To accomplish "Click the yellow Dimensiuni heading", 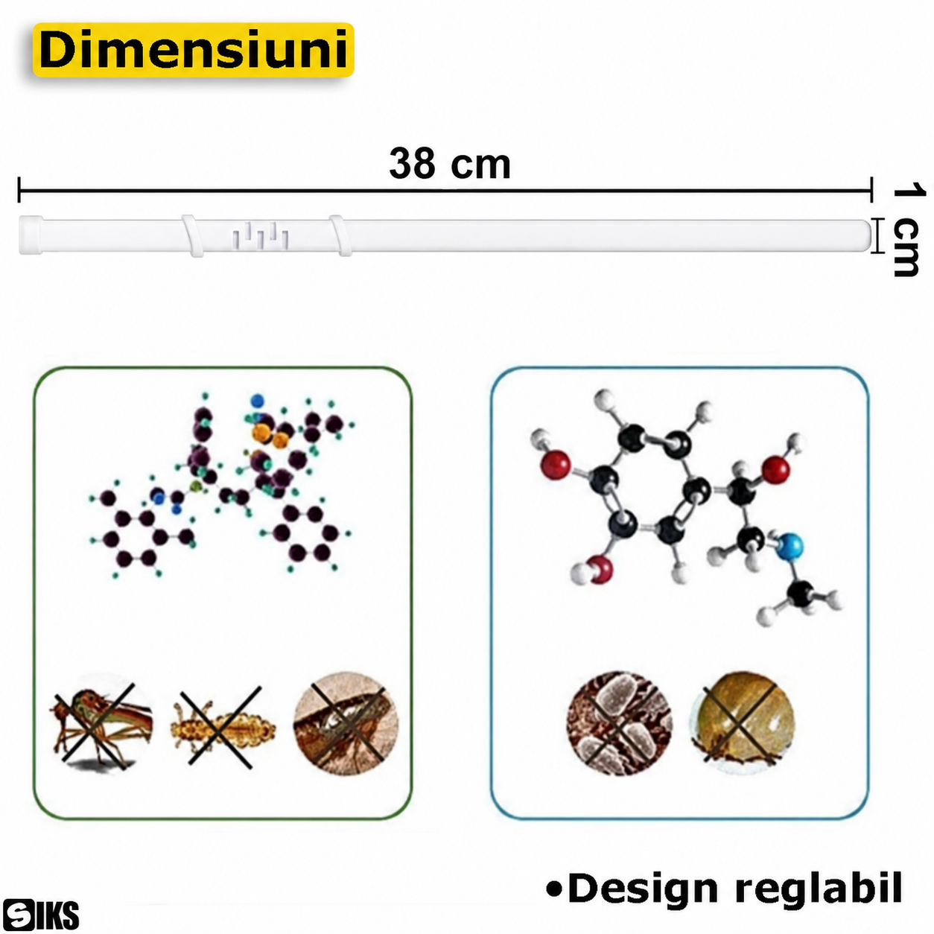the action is point(194,50).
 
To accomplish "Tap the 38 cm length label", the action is point(450,164).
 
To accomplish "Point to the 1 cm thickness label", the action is point(906,229).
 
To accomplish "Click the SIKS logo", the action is point(40,915).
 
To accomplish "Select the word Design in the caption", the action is point(643,889).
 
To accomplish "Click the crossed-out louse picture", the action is point(223,727).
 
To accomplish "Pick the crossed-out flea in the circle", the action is point(346,723).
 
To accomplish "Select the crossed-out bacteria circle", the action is point(619,723).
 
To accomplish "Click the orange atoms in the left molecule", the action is point(270,435).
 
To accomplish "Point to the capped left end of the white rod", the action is point(31,235).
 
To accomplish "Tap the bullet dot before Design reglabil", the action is point(554,889).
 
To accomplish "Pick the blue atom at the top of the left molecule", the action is point(258,401).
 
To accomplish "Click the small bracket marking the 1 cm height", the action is point(875,235).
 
